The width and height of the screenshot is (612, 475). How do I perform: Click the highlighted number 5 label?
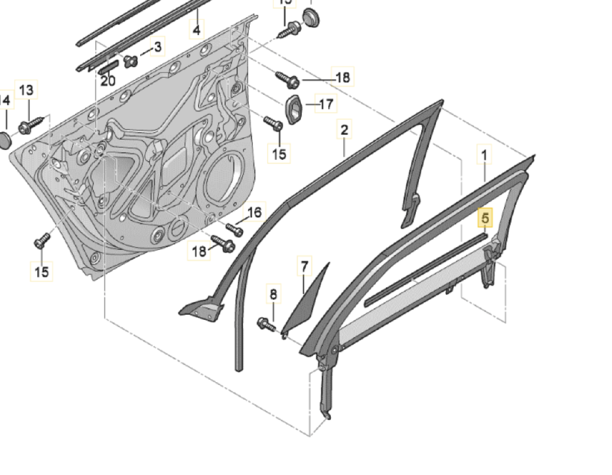pos(485,218)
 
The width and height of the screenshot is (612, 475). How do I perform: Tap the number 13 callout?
pos(26,90)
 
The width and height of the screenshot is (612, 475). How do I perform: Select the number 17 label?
pos(326,103)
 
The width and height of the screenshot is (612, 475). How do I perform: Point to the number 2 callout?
pos(344,129)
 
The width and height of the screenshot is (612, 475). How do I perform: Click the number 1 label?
pos(484,155)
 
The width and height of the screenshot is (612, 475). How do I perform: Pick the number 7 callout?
pos(305,266)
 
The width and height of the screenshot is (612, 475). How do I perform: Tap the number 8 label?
pos(273,294)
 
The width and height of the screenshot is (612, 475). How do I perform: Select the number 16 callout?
pos(254,212)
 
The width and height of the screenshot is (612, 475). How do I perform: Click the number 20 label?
pos(108,80)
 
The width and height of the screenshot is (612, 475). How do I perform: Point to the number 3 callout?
pos(157,46)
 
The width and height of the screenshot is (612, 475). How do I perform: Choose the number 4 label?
pos(196,30)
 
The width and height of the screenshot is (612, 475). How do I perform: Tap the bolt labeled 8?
pos(266,325)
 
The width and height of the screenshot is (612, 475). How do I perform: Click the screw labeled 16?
pos(234,229)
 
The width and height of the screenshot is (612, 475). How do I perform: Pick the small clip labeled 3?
pos(130,61)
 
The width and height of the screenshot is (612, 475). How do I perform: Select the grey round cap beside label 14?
pos(4,140)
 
